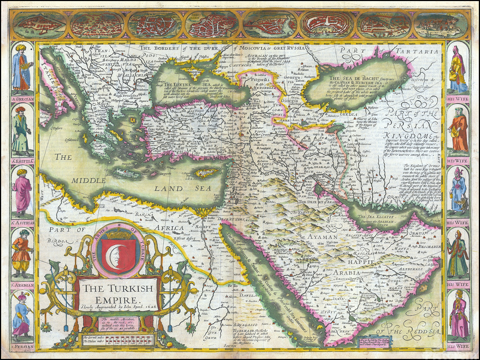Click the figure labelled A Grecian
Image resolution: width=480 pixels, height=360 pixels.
21,67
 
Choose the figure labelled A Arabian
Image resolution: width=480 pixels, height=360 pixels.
21,253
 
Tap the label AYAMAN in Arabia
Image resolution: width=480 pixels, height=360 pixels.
322,236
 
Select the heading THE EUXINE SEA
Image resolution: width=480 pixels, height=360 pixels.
180,84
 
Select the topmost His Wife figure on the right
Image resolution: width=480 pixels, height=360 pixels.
459,67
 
